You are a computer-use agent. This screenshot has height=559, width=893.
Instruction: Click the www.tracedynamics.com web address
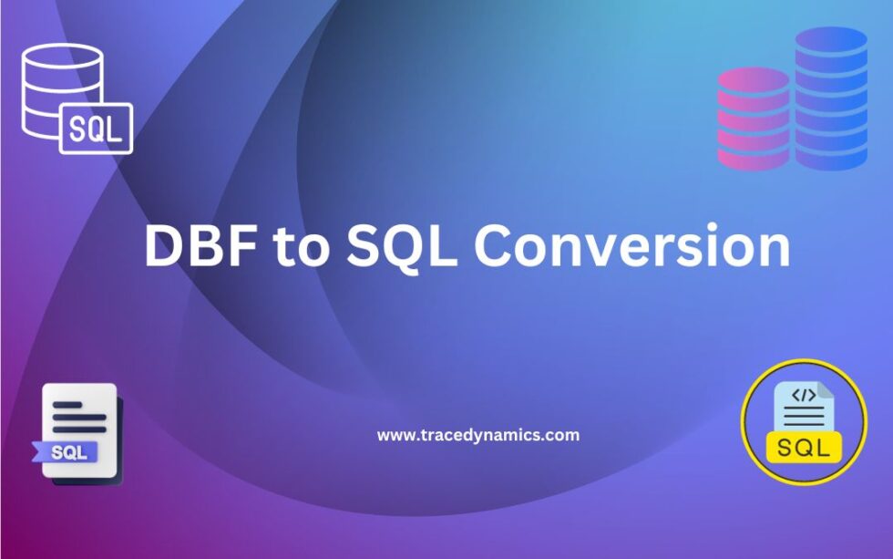(x=477, y=435)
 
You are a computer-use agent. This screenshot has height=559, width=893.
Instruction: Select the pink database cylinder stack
(x=753, y=119)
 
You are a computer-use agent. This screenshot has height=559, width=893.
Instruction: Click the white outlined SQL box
(x=96, y=129)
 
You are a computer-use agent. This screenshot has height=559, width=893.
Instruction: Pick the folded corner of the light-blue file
(x=825, y=390)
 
